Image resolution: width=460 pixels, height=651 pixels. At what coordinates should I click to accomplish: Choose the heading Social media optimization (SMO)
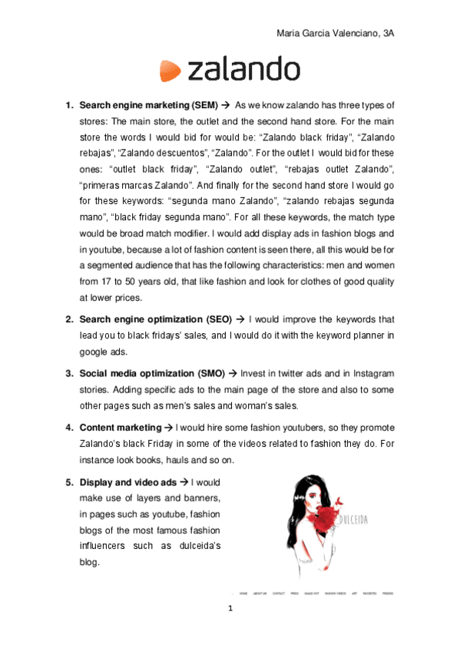(x=151, y=373)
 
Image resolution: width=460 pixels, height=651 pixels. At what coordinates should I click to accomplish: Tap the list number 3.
(x=68, y=373)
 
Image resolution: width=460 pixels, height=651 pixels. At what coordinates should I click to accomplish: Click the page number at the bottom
(x=230, y=609)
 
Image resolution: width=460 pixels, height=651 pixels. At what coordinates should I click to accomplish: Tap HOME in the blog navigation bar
(x=243, y=593)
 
